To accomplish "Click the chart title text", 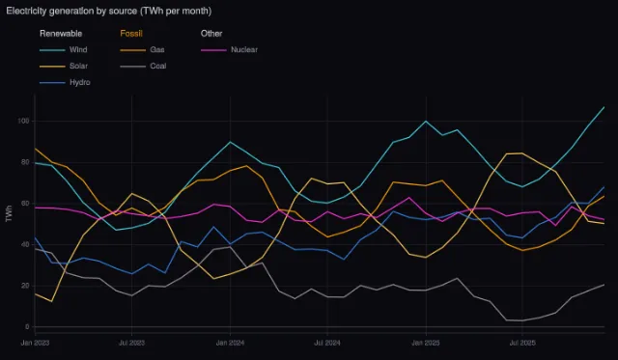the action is [x=109, y=11].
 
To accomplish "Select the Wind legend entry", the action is [x=64, y=50].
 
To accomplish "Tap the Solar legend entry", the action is [x=64, y=67].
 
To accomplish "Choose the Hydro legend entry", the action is [x=65, y=83].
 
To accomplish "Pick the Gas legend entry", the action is [x=142, y=50].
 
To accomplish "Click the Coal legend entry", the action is [x=143, y=67].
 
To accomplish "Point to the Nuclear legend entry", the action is [x=230, y=50].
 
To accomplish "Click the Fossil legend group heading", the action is [x=131, y=34].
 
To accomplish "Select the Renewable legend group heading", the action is [x=61, y=34].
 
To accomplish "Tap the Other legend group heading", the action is [x=211, y=34].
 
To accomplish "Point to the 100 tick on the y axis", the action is [x=23, y=122].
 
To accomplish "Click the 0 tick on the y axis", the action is [x=27, y=327].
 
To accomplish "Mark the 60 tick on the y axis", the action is [x=25, y=204].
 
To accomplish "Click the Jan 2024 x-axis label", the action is [x=230, y=343].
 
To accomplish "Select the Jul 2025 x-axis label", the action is [x=522, y=343].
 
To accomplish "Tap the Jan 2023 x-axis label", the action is [x=35, y=343].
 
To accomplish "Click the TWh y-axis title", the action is [x=9, y=213].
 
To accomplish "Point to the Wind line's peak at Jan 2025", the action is [x=426, y=122].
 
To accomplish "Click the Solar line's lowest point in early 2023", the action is [x=51, y=301].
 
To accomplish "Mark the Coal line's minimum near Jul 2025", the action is [x=522, y=320].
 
